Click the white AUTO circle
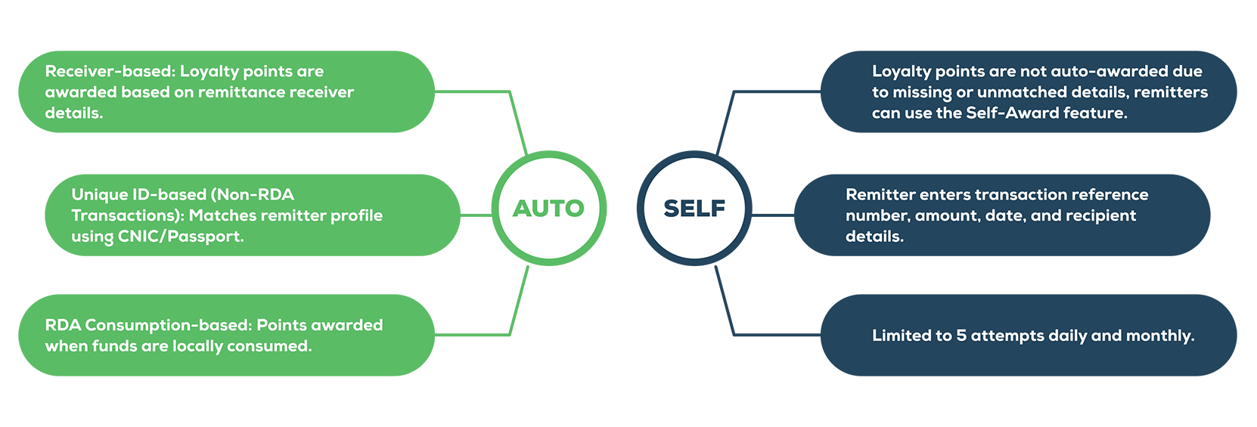pos(548,208)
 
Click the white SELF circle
pos(694,208)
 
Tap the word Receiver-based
pos(110,71)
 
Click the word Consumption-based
pos(168,325)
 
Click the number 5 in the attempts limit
pos(961,336)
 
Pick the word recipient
pos(1100,216)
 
